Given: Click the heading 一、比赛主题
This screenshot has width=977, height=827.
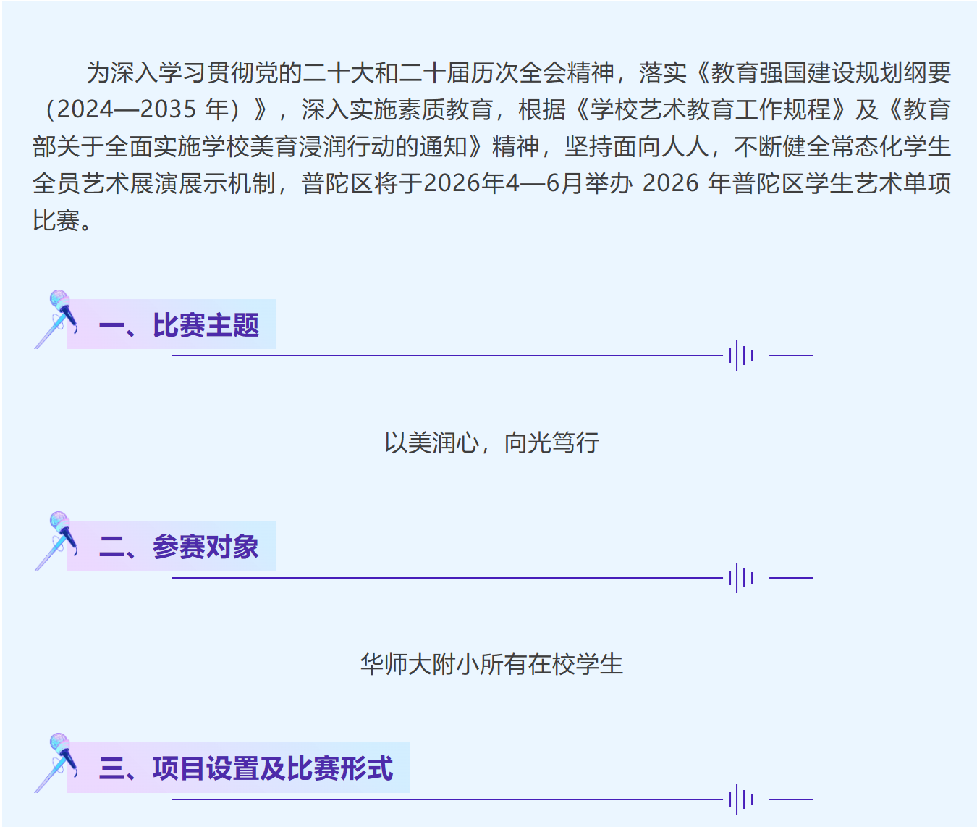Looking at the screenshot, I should (x=179, y=326).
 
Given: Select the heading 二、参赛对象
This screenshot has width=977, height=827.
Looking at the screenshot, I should (x=179, y=547).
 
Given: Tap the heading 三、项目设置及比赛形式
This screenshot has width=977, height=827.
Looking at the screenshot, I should (x=246, y=768).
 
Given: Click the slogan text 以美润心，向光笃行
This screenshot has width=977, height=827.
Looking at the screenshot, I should (x=491, y=442).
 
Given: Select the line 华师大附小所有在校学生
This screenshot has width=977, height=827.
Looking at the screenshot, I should (x=491, y=664).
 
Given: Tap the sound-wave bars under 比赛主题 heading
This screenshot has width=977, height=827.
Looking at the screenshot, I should (x=741, y=356).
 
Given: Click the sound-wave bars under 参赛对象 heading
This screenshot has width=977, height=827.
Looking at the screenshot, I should (x=741, y=578).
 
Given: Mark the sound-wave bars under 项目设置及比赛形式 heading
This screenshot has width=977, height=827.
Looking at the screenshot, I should (x=741, y=799).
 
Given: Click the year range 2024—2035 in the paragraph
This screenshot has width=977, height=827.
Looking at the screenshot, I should (x=127, y=110).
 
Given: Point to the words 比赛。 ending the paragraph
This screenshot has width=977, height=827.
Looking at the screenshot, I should (x=62, y=221).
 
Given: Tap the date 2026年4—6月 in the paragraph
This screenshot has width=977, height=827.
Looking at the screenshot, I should (x=503, y=184).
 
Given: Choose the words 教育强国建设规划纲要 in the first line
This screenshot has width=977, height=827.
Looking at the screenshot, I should (x=831, y=73).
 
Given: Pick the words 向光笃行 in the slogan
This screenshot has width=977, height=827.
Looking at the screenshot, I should (x=551, y=442).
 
